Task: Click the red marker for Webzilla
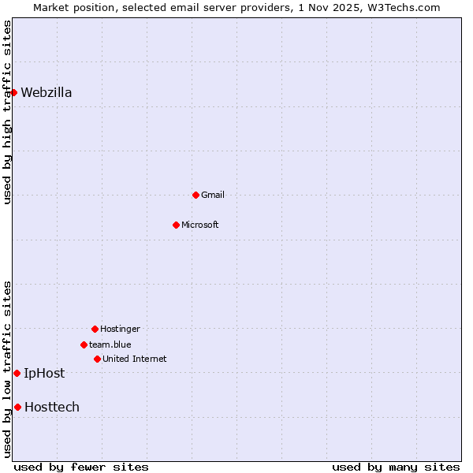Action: tap(13, 92)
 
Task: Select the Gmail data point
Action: tap(196, 195)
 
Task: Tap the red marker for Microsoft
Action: tap(176, 225)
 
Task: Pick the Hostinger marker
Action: tap(95, 329)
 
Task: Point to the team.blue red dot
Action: tap(84, 345)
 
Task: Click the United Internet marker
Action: tap(97, 359)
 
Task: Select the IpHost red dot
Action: tap(17, 373)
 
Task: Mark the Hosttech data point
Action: tap(17, 407)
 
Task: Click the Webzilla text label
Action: tap(47, 93)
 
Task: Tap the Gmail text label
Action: tap(213, 195)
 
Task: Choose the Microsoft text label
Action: tap(200, 225)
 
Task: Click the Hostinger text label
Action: tap(120, 329)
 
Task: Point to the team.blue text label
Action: tap(110, 345)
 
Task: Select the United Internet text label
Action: tap(135, 359)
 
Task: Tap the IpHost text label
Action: tap(44, 374)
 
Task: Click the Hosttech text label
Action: tap(52, 408)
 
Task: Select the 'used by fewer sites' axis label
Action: tap(81, 467)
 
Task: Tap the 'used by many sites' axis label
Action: tap(396, 467)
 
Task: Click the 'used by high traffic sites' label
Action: tap(7, 112)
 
